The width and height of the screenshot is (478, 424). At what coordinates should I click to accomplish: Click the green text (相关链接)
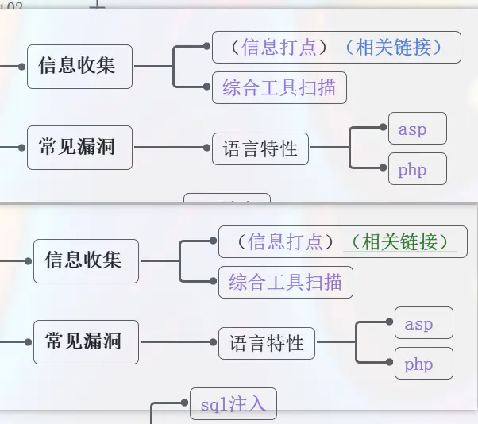(400, 241)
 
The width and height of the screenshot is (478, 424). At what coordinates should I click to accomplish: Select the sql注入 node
(233, 405)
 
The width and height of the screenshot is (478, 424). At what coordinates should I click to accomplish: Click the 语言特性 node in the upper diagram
(260, 148)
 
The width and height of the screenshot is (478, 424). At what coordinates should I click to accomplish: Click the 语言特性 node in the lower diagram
(267, 344)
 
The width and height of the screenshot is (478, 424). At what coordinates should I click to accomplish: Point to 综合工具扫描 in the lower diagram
(286, 282)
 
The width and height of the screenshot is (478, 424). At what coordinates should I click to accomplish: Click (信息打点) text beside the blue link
(279, 48)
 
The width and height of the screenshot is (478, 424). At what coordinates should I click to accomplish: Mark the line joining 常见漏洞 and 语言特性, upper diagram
(172, 148)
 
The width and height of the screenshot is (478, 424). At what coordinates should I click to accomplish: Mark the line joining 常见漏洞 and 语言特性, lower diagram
(179, 342)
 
